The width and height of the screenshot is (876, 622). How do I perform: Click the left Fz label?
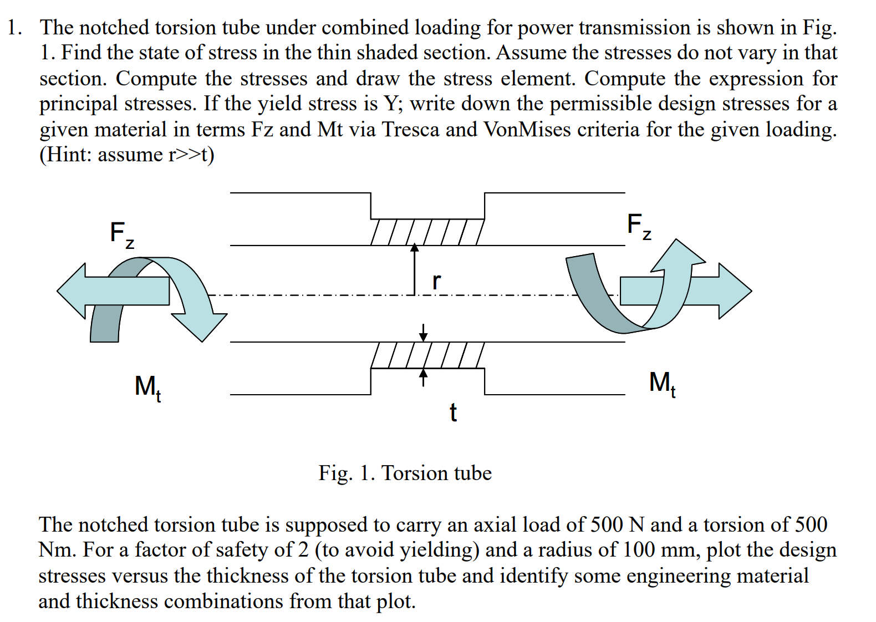coord(121,234)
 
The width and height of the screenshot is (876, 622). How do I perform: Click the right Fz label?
coord(639,226)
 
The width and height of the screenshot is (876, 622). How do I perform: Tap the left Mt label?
coord(147,386)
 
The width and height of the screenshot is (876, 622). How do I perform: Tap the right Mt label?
coord(662,383)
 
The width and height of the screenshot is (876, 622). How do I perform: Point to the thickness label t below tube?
coord(453,412)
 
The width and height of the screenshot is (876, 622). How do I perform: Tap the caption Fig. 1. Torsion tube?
coord(405,473)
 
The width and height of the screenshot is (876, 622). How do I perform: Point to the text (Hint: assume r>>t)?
coord(126,154)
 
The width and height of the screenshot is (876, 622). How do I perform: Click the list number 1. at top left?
coord(14,27)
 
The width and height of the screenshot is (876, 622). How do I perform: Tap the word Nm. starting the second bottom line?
coord(57,549)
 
